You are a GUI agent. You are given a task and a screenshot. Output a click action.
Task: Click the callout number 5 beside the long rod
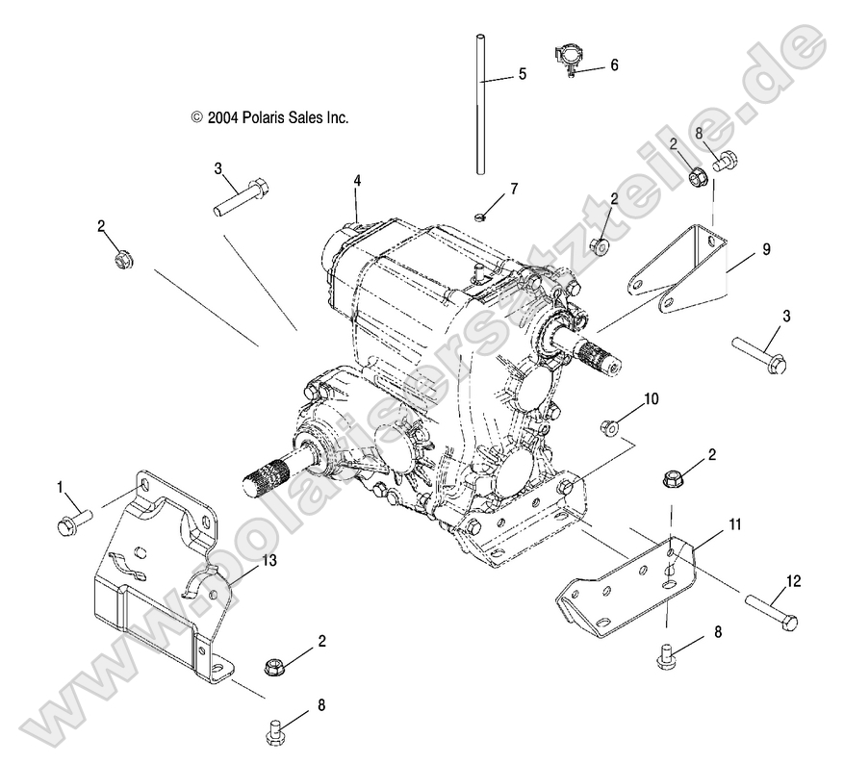(x=522, y=74)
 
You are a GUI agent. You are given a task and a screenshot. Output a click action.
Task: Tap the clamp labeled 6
(x=570, y=59)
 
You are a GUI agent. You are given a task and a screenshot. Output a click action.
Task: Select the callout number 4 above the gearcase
(x=357, y=181)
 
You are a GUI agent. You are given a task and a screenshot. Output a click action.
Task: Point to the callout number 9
(x=766, y=249)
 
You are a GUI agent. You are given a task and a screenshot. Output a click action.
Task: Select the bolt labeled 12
(x=772, y=612)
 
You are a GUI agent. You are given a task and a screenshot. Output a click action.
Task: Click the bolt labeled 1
(x=73, y=521)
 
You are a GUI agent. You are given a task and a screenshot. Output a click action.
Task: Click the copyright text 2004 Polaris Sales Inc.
(x=269, y=117)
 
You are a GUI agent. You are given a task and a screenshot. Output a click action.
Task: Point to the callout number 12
(x=793, y=580)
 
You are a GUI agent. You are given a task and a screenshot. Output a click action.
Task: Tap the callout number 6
(x=614, y=65)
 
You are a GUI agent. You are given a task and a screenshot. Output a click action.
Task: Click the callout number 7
(x=513, y=189)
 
